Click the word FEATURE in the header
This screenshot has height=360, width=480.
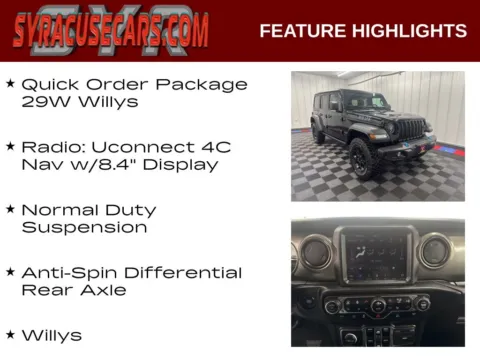click(x=301, y=31)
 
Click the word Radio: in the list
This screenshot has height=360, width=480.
click(x=51, y=147)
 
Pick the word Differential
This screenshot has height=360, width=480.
click(x=183, y=272)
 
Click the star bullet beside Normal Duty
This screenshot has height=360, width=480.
click(x=10, y=210)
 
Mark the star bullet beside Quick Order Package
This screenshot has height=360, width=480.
click(x=10, y=84)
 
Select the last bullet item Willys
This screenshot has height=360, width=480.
click(x=52, y=335)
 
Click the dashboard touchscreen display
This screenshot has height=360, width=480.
click(x=376, y=256)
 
